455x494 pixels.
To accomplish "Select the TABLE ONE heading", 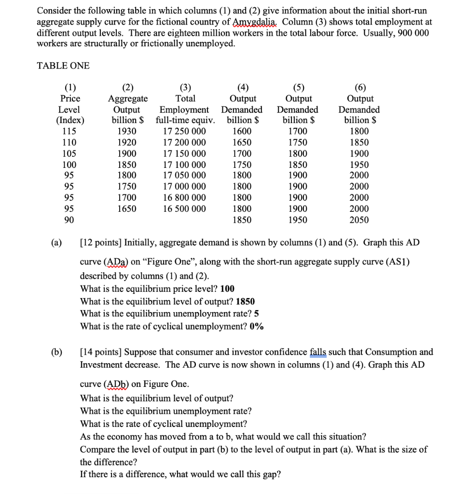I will pyautogui.click(x=63, y=66).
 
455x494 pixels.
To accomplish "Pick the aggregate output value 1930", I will pyautogui.click(x=127, y=131).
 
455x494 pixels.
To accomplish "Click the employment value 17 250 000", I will pyautogui.click(x=184, y=131).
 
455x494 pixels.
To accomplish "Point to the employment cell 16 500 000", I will pyautogui.click(x=184, y=209).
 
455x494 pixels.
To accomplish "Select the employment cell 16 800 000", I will pyautogui.click(x=184, y=198).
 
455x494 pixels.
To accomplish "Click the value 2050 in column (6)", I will pyautogui.click(x=359, y=220).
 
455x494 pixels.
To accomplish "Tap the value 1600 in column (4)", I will pyautogui.click(x=242, y=131).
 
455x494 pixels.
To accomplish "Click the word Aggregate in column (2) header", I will pyautogui.click(x=127, y=98).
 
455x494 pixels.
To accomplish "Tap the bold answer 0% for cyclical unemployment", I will pyautogui.click(x=257, y=326).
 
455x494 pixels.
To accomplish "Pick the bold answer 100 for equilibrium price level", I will pyautogui.click(x=227, y=288).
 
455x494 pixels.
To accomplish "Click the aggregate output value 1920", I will pyautogui.click(x=127, y=142).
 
